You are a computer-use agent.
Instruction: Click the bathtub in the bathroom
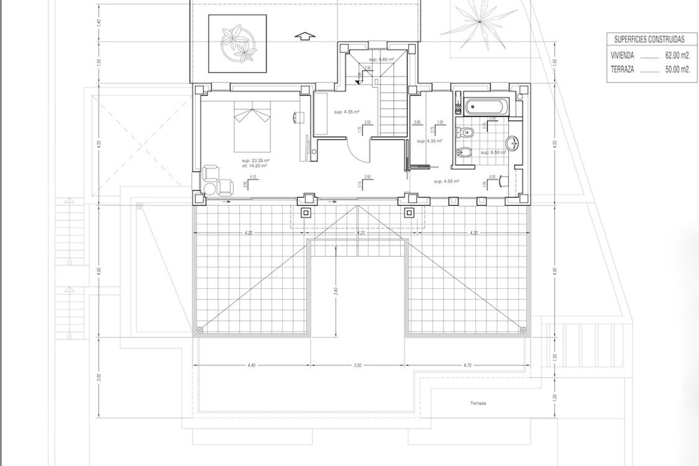pos(485,107)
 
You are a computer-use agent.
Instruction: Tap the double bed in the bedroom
pos(252,126)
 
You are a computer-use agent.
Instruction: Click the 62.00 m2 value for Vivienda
pos(678,56)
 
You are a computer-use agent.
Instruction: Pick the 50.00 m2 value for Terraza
pos(678,70)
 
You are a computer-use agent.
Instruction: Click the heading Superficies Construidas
pos(649,39)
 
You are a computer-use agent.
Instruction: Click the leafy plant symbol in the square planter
pos(237,43)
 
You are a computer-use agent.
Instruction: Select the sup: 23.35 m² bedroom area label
pos(255,160)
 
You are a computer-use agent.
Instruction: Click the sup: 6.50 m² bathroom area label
pos(493,153)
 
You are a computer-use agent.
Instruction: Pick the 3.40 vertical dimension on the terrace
pos(336,291)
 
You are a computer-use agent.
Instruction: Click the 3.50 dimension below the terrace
pos(357,365)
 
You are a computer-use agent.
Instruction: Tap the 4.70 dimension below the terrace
pos(468,365)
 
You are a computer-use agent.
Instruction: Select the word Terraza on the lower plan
pos(478,403)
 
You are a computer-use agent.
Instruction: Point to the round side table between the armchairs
pos(210,189)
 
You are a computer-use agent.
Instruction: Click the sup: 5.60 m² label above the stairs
pos(381,59)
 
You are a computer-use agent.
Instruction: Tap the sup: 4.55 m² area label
pos(446,181)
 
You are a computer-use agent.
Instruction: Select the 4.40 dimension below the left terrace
pos(251,365)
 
